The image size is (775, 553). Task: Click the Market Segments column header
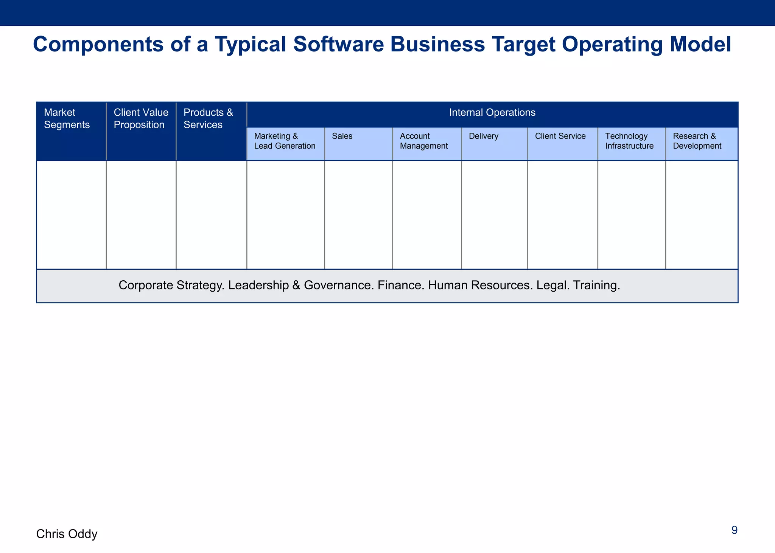pyautogui.click(x=67, y=119)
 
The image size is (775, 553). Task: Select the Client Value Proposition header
pyautogui.click(x=141, y=119)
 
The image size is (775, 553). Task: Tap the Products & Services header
pyautogui.click(x=208, y=119)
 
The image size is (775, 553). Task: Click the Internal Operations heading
pyautogui.click(x=492, y=112)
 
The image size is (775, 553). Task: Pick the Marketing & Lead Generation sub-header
pyautogui.click(x=285, y=141)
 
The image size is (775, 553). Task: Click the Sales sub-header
pyautogui.click(x=342, y=136)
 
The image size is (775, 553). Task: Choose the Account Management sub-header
pyautogui.click(x=423, y=141)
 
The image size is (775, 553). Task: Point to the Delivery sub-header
pyautogui.click(x=483, y=136)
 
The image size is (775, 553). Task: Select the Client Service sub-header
pyautogui.click(x=560, y=136)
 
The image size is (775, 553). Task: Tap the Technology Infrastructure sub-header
pyautogui.click(x=629, y=141)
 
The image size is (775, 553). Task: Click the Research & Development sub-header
pyautogui.click(x=697, y=141)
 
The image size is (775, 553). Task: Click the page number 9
pyautogui.click(x=734, y=530)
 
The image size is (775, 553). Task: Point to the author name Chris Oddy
pyautogui.click(x=67, y=534)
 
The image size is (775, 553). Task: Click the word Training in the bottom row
pyautogui.click(x=596, y=285)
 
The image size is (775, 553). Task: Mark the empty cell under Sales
pyautogui.click(x=358, y=214)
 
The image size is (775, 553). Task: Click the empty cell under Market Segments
pyautogui.click(x=71, y=214)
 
